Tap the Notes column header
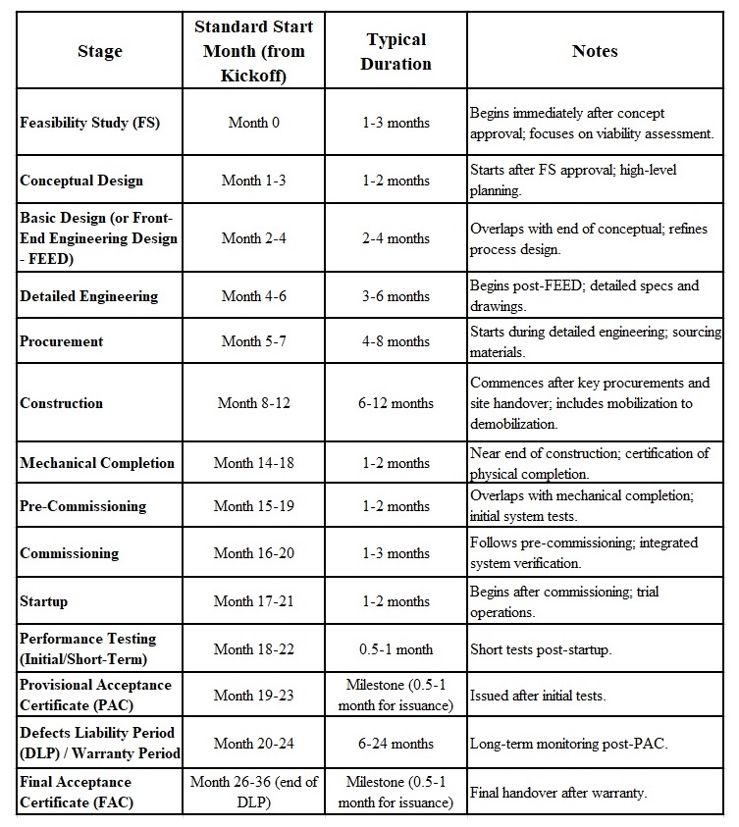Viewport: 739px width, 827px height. (x=595, y=52)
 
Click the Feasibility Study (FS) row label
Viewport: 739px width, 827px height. (x=89, y=123)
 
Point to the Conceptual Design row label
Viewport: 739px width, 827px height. (x=81, y=181)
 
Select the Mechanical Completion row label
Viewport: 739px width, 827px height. (x=97, y=463)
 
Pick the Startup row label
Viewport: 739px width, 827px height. (x=44, y=601)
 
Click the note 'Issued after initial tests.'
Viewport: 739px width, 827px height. (x=538, y=696)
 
